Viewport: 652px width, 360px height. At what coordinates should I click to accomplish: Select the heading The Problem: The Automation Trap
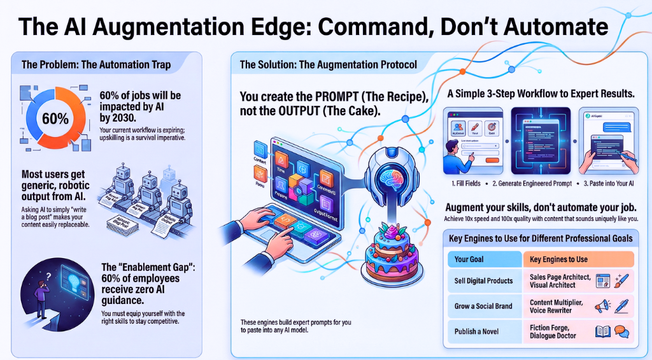pos(96,64)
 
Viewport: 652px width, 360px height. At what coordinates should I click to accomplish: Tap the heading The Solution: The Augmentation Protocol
pos(328,64)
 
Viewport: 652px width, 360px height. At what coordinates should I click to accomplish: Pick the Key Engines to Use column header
pos(558,259)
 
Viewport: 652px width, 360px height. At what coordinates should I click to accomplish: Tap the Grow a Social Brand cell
pos(483,306)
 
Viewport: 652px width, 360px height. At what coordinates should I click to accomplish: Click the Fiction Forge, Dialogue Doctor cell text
pos(553,331)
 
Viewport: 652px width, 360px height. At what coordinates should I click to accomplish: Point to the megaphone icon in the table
pos(602,306)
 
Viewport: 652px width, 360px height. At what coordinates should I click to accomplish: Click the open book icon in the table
pos(602,331)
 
